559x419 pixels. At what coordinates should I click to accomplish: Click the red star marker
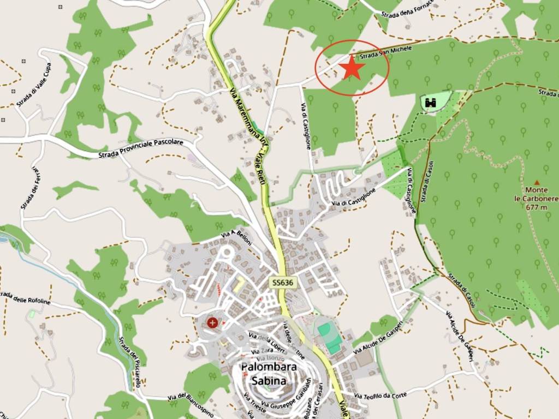pos(352,68)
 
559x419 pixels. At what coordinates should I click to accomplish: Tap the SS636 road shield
pos(283,282)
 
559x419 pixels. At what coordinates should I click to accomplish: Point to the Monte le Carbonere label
pos(537,194)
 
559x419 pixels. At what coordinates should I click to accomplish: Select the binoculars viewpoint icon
pos(430,102)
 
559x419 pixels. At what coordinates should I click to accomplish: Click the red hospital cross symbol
pos(212,322)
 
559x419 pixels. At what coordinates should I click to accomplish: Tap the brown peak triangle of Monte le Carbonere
pos(537,183)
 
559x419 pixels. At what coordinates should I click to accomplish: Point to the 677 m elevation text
pos(537,207)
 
